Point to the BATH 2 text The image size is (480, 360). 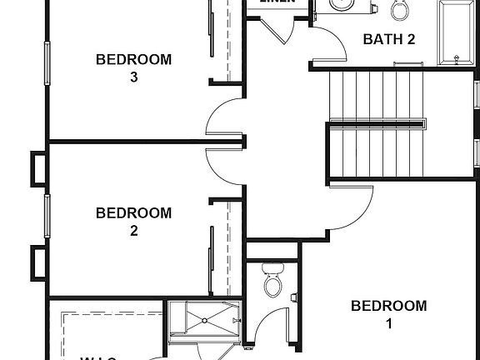(389, 39)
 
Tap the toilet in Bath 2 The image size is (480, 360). (400, 10)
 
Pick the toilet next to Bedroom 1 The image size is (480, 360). (272, 281)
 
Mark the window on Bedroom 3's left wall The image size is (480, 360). (47, 62)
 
